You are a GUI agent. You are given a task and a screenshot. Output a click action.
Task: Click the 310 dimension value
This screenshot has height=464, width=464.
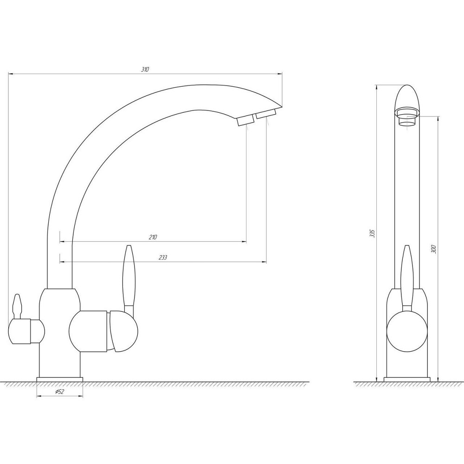[145, 70]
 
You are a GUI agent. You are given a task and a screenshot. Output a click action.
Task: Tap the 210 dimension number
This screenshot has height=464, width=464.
[153, 237]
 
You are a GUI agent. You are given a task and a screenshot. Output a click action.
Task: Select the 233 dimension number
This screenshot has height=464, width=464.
[163, 258]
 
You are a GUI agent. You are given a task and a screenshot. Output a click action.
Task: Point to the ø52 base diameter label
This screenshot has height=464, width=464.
[60, 392]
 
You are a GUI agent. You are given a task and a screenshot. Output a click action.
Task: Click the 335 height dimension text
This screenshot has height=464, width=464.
[372, 233]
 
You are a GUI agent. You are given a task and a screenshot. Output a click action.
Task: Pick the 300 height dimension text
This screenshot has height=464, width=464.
[434, 249]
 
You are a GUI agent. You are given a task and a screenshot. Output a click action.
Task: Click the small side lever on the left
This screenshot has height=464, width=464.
[17, 307]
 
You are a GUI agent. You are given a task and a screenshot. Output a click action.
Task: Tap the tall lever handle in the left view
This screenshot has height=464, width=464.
[129, 279]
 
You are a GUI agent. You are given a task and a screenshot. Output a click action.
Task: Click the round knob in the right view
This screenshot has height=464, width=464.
[407, 331]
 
